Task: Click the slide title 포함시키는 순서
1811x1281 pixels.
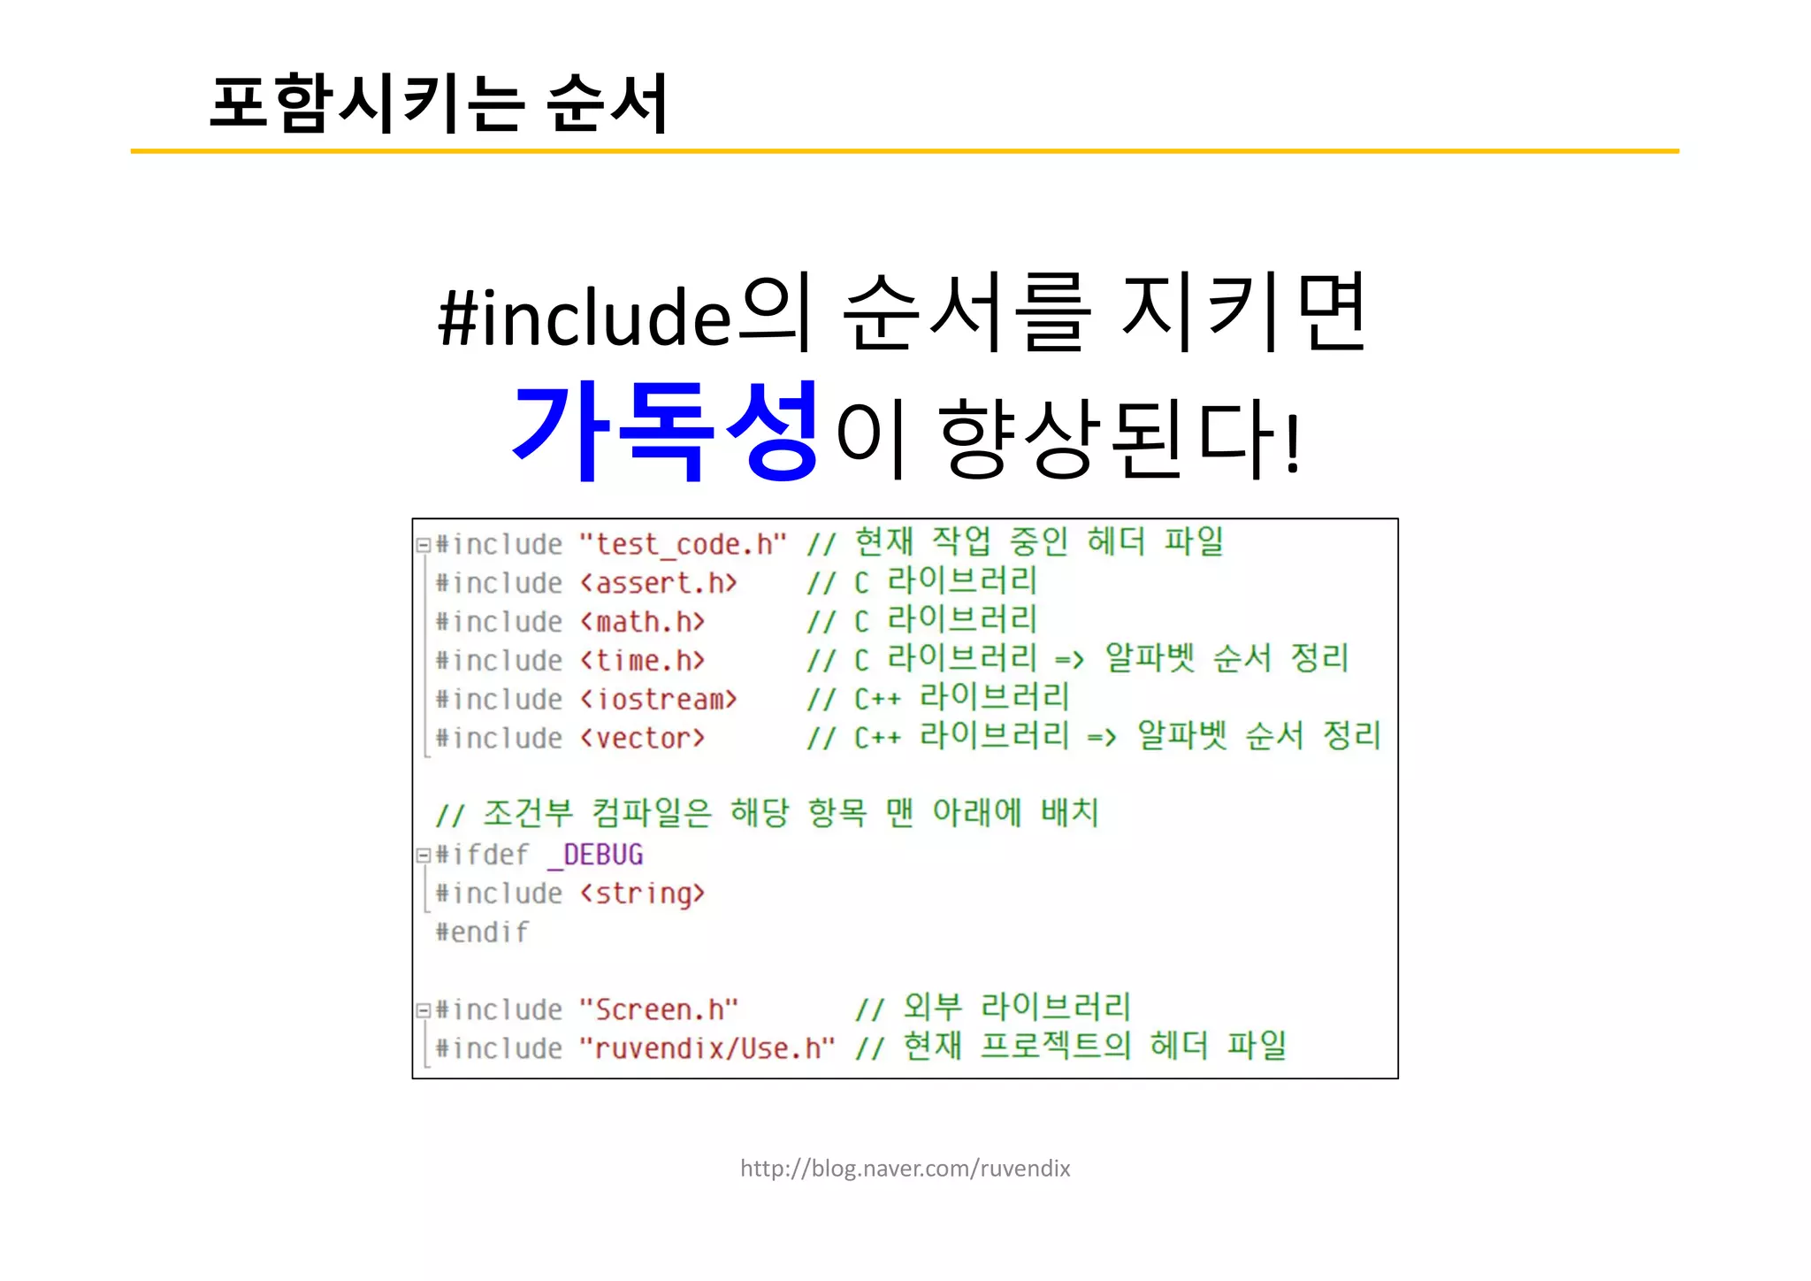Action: coord(439,104)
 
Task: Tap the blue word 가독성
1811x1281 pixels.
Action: coord(665,433)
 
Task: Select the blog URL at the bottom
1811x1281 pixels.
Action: coord(905,1169)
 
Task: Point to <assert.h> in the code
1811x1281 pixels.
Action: coord(658,584)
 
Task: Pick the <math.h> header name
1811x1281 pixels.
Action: coord(642,623)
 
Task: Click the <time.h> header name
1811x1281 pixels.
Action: coord(642,662)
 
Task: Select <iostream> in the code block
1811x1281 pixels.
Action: coord(658,700)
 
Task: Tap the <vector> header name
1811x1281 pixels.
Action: coord(642,739)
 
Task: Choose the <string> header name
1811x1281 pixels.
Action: coord(642,894)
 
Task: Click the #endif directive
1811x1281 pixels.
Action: coord(482,932)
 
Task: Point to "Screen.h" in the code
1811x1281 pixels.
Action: coord(658,1010)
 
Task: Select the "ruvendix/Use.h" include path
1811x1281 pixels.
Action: coord(707,1049)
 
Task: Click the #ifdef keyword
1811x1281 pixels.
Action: coord(482,855)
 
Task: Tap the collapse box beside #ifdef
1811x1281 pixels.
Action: coord(424,855)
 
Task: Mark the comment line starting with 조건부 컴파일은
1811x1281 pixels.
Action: coord(768,813)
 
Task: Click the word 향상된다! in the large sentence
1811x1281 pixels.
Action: coord(1119,438)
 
